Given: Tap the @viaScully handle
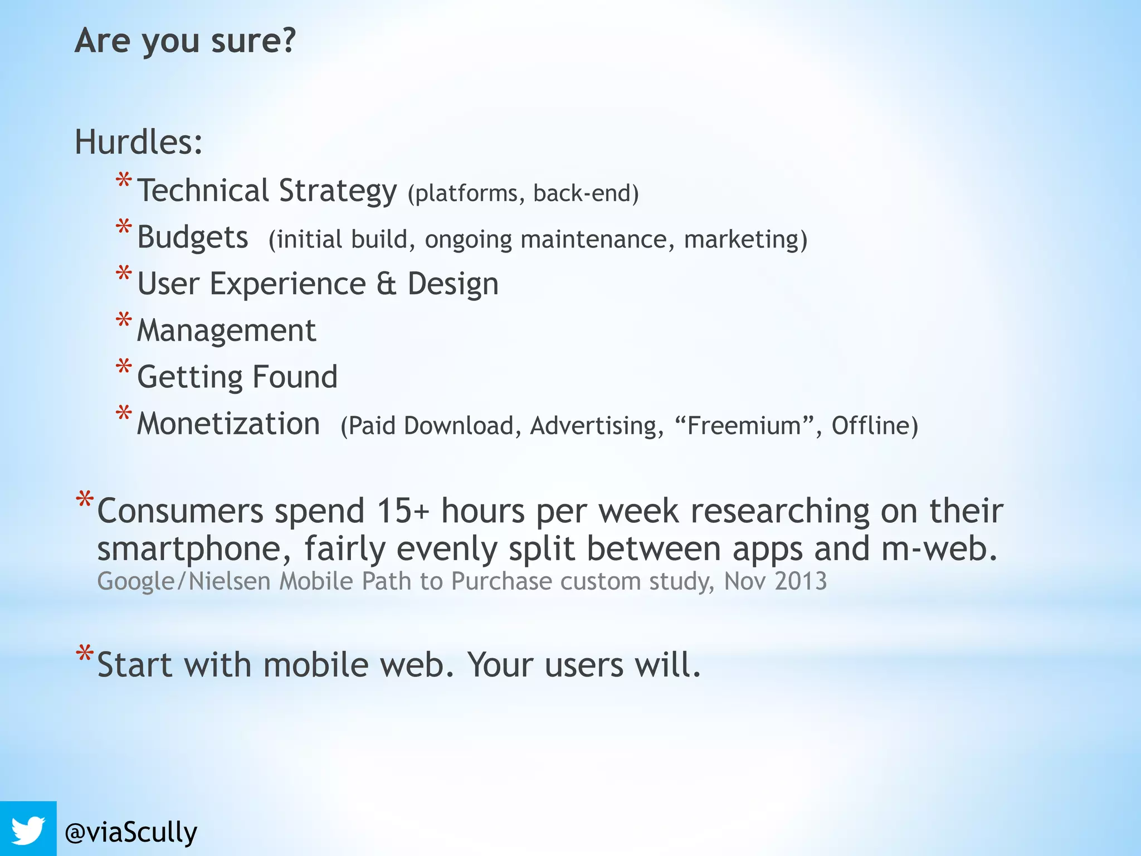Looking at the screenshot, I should tap(131, 832).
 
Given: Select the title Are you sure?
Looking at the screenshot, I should tap(185, 41).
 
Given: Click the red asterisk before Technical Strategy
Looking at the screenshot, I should tap(124, 182).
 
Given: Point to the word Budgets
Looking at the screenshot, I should tap(192, 237).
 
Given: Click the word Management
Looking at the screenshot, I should tap(226, 330).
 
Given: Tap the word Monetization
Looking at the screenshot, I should tap(228, 424).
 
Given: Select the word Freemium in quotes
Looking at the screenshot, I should tap(744, 426).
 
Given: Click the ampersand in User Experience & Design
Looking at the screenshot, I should tap(386, 284).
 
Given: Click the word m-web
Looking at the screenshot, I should tap(939, 548).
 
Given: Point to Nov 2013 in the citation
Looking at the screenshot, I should tap(775, 581).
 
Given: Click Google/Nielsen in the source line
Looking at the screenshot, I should tap(184, 581).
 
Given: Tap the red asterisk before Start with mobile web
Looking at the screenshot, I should tap(85, 653).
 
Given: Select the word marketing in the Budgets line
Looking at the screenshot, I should tap(741, 240).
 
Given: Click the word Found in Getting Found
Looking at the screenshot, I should tap(295, 377).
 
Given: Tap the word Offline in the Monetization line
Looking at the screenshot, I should tap(870, 426).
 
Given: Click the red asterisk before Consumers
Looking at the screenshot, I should tap(85, 499).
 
